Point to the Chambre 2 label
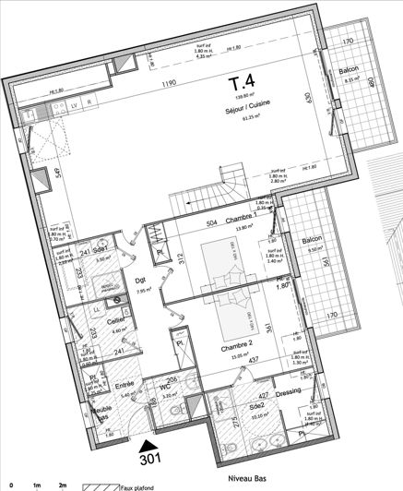pos(236,348)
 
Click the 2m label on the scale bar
pos(63,484)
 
